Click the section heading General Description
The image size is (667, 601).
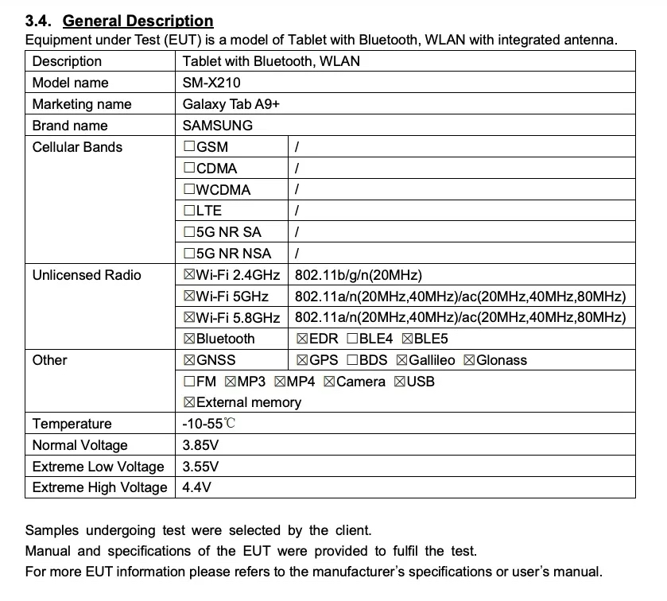[138, 21]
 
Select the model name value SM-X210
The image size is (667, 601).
[211, 83]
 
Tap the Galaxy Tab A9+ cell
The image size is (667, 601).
[231, 104]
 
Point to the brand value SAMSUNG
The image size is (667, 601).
[217, 126]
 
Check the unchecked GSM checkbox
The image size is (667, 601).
[189, 147]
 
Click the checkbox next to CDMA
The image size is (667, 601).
[189, 169]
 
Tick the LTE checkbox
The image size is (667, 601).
[189, 211]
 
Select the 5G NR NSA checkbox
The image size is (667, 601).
[189, 254]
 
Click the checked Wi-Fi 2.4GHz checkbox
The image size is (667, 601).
[189, 275]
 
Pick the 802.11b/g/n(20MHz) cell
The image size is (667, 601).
[358, 275]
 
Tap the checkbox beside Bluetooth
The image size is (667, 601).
[189, 339]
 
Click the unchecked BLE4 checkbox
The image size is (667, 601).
[352, 339]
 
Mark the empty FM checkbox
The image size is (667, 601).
[189, 382]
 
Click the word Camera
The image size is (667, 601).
[361, 382]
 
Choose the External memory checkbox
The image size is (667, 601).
[189, 402]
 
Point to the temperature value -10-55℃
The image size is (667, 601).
[208, 424]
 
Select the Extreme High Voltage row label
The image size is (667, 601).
[99, 487]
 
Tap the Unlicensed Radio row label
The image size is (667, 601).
[87, 275]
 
